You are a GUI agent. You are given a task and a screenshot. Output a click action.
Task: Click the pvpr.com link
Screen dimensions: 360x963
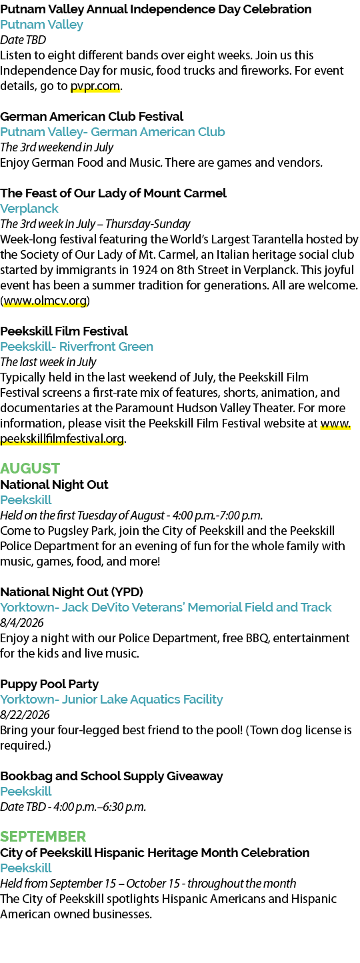pos(95,87)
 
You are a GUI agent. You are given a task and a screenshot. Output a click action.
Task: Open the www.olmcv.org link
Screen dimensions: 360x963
pos(45,301)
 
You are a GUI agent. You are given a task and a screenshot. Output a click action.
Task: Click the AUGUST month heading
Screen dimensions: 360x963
pos(30,468)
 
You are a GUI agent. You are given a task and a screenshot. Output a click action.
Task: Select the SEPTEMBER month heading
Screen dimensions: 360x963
pos(43,836)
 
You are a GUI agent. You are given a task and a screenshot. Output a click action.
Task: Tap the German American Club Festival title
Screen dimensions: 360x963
pos(91,117)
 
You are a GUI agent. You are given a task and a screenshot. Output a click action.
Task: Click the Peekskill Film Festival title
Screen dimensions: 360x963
pos(64,331)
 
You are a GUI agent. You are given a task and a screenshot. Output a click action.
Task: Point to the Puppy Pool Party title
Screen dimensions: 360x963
pos(49,684)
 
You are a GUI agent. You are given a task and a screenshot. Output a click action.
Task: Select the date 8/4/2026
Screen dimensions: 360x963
pos(22,622)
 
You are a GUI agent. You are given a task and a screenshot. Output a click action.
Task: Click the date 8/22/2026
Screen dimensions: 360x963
pos(25,714)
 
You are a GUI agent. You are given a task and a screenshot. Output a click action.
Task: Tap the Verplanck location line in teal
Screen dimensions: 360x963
pos(29,209)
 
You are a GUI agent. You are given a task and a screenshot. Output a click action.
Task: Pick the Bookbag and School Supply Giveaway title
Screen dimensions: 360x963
pos(111,776)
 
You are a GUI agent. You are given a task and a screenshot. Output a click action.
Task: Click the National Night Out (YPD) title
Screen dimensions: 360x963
pos(71,592)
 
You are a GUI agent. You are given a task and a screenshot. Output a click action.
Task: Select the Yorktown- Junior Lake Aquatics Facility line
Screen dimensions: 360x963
pos(111,700)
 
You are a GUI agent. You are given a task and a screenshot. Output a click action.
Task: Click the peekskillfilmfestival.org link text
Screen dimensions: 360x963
pos(62,439)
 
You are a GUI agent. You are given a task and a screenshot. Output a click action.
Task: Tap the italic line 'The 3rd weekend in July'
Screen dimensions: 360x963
pos(57,147)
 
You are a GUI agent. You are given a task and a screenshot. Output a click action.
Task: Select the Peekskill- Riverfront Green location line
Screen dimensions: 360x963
pos(77,347)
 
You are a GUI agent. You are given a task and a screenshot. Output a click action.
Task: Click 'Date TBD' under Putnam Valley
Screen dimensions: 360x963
pos(23,40)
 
